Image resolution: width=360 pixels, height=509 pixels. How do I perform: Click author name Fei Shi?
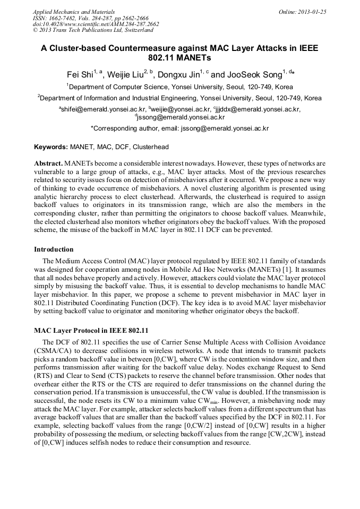click(80, 75)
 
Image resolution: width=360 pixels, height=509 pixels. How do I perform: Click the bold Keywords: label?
click(51, 146)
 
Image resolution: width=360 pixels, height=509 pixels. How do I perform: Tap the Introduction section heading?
click(54, 249)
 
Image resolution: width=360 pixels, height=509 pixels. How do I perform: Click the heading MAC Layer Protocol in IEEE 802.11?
click(91, 330)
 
